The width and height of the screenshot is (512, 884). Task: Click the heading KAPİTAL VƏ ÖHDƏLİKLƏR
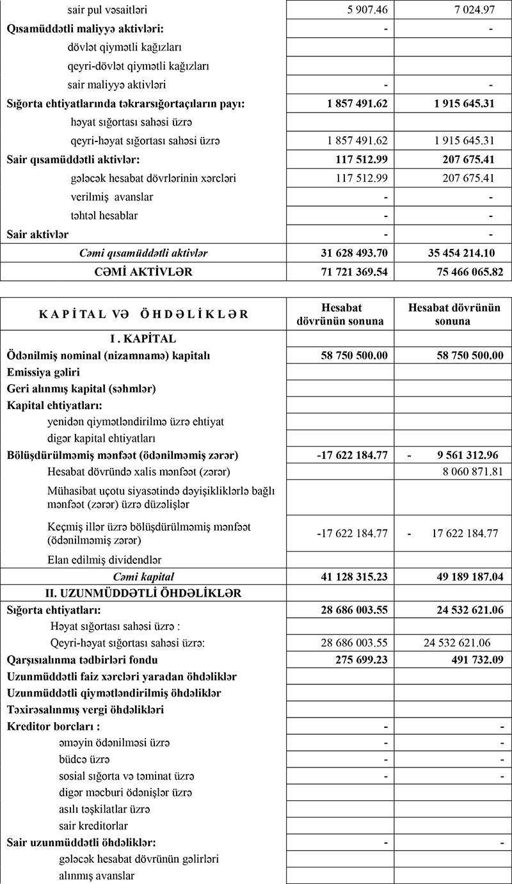click(x=143, y=314)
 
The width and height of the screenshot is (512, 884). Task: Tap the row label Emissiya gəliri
click(x=44, y=372)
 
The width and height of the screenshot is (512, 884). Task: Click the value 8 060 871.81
click(x=467, y=472)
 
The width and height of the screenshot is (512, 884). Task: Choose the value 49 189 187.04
click(x=456, y=577)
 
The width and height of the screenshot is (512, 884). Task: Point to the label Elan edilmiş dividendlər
click(x=104, y=559)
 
